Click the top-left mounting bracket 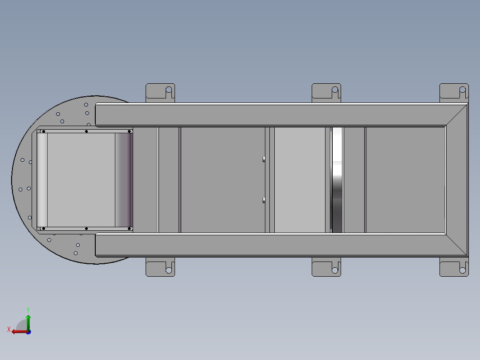(160, 93)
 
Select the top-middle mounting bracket (326, 92)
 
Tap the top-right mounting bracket (454, 92)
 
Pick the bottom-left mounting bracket (160, 267)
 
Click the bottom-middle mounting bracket (326, 268)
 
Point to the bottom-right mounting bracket (454, 268)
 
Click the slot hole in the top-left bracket (169, 91)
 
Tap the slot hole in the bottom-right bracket (463, 269)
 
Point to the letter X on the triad (8, 330)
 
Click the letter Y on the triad (28, 309)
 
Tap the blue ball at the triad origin (28, 331)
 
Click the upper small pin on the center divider (264, 159)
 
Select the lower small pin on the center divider (264, 200)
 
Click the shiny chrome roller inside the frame (337, 180)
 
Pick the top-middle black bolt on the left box (86, 131)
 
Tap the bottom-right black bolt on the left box (129, 229)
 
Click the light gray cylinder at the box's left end (42, 180)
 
